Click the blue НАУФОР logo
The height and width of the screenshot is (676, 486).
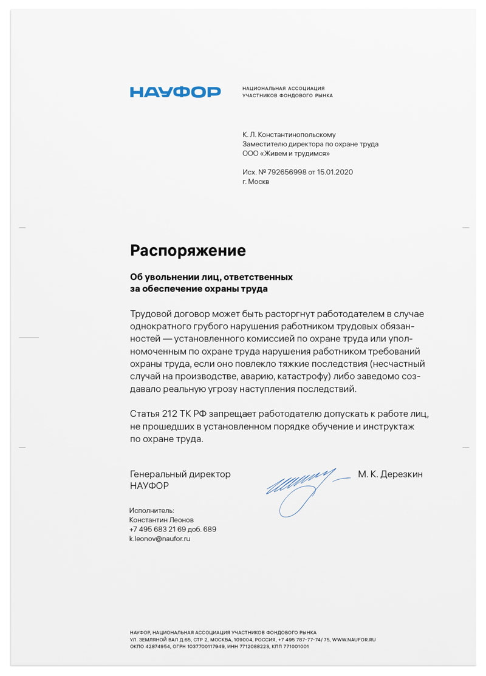(x=175, y=92)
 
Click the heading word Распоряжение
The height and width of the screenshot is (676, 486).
(x=188, y=250)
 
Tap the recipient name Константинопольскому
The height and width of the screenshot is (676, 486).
(x=296, y=134)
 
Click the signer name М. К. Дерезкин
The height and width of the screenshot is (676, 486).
(x=390, y=474)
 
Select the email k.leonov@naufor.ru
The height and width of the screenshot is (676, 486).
(x=160, y=539)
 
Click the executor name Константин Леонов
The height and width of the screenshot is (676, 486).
(x=162, y=520)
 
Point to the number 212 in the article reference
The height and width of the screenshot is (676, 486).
(x=169, y=414)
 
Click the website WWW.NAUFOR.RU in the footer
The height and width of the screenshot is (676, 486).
(x=354, y=640)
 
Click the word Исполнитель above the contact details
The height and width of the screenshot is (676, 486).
(x=152, y=511)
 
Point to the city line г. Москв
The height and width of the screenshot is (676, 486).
(x=255, y=182)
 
